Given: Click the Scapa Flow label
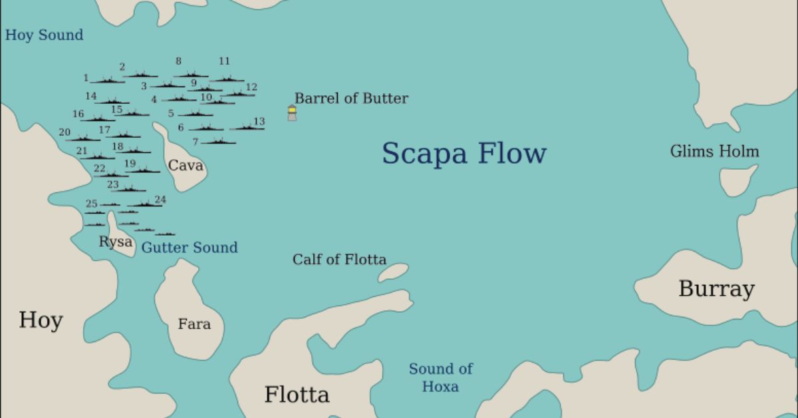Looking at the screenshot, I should (464, 153).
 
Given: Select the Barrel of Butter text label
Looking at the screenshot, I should (351, 99).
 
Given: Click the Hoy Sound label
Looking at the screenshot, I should (45, 35).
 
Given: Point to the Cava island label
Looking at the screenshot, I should (185, 165).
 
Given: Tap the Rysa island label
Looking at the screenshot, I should (116, 242).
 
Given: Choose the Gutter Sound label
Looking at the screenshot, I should (190, 248).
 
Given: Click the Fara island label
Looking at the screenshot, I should (194, 324).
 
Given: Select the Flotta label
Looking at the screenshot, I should (297, 394).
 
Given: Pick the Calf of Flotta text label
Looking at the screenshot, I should (339, 260).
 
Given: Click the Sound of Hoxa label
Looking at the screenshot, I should (440, 377).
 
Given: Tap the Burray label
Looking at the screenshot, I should (716, 289).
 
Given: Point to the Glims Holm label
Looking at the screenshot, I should (714, 152).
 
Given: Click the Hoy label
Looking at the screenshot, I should (41, 320).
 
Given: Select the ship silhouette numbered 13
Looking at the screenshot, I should (246, 127).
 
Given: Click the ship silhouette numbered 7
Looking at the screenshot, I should (218, 141).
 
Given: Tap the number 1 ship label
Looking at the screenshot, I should (86, 78).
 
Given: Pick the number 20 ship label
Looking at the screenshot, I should (65, 132).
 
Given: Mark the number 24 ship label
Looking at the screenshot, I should (160, 199).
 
